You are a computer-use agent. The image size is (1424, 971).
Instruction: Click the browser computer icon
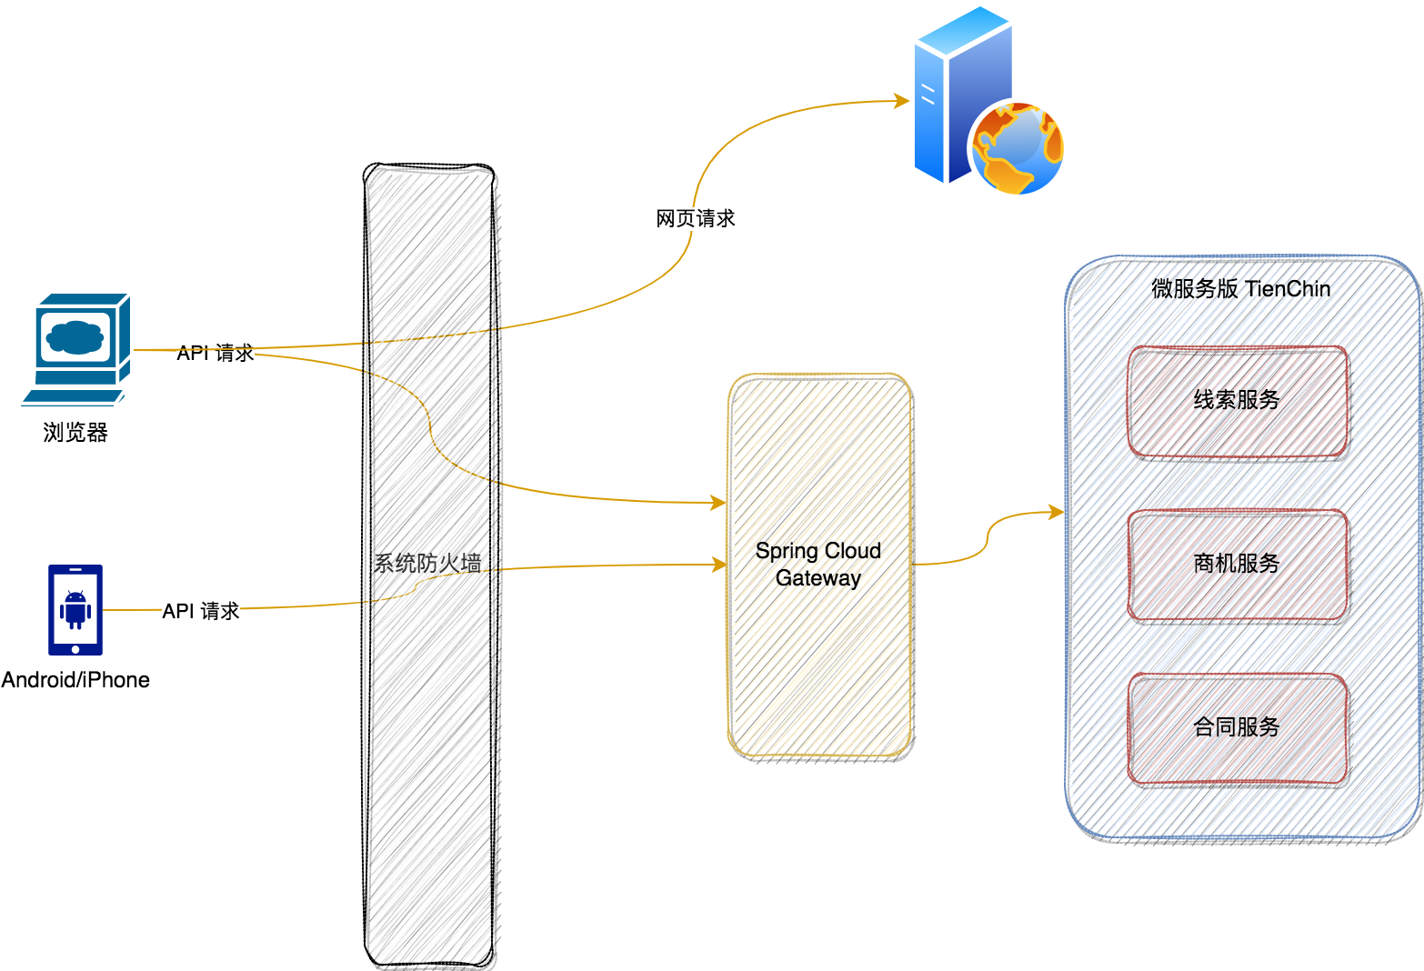click(76, 348)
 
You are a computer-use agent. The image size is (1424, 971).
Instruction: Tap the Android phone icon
click(75, 609)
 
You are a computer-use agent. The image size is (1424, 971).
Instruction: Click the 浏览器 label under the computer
click(75, 433)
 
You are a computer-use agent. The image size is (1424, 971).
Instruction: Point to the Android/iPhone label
click(75, 680)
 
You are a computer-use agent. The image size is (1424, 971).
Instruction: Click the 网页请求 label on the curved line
click(696, 218)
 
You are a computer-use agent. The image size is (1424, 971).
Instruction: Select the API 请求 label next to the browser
click(216, 353)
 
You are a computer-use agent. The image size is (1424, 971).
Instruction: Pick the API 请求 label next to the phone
click(201, 611)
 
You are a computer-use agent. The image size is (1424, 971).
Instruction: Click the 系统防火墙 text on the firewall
click(427, 564)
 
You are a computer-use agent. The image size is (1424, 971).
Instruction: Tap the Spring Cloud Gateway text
click(818, 564)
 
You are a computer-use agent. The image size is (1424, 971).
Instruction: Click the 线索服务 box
click(1237, 401)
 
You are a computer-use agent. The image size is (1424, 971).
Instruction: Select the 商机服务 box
click(1237, 565)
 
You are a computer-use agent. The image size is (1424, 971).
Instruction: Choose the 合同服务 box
click(1237, 728)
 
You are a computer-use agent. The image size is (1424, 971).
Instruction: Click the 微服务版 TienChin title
click(1241, 289)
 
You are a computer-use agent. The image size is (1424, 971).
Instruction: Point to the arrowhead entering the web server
click(903, 101)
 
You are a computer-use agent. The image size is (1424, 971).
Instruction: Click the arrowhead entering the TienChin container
click(1057, 513)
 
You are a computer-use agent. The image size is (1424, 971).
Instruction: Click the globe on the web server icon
click(1018, 148)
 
